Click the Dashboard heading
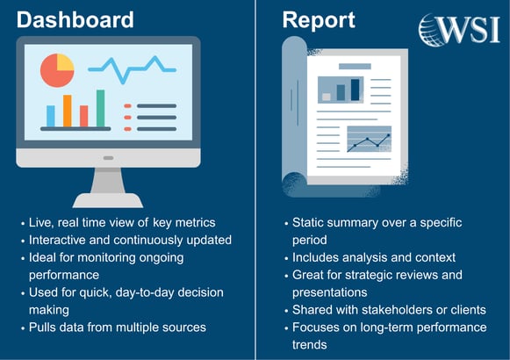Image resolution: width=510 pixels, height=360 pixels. (x=75, y=20)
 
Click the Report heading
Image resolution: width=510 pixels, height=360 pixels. (x=318, y=20)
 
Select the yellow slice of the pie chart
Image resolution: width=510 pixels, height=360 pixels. (x=64, y=62)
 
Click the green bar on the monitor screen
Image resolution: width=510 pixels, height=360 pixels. (x=100, y=109)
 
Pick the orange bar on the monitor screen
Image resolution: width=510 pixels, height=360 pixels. (x=67, y=112)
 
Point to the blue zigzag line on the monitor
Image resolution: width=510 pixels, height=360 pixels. (x=132, y=67)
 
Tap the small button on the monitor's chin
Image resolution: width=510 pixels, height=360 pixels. (x=108, y=158)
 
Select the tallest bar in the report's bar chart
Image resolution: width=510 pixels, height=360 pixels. (x=356, y=89)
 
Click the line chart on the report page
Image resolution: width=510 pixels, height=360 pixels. (x=369, y=140)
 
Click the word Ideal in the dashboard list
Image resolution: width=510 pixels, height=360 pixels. (x=45, y=257)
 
